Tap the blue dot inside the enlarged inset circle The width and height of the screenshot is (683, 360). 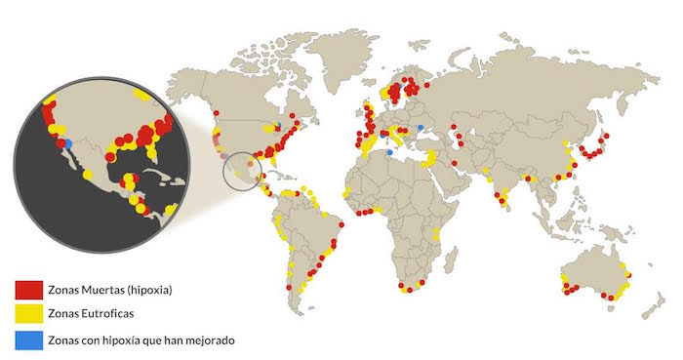coord(68,143)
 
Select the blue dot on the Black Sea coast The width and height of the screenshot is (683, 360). coord(421,128)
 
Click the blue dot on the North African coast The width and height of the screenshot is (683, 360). coord(389,152)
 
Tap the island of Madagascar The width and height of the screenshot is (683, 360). coord(446,259)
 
